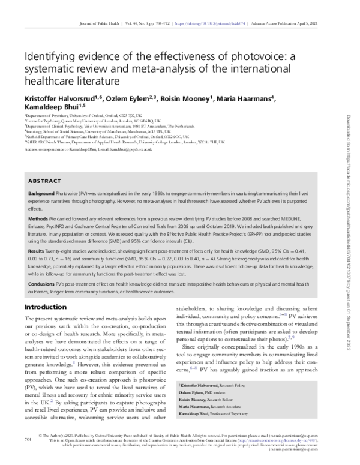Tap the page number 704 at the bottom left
pos(26,455)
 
